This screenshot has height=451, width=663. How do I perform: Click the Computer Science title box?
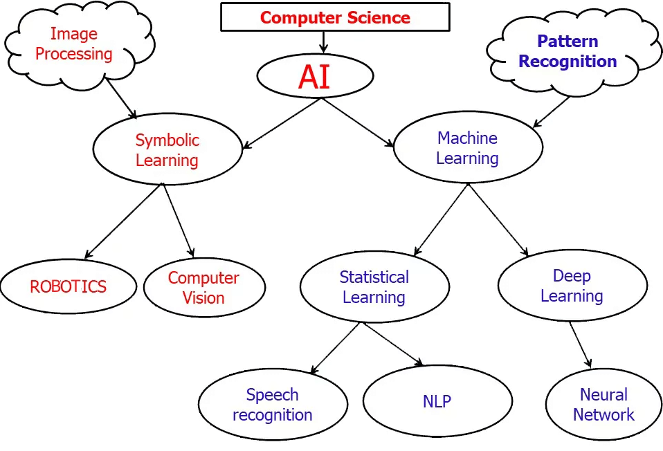[335, 17]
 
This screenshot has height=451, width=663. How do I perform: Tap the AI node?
[315, 76]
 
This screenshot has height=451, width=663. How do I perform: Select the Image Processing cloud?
[74, 44]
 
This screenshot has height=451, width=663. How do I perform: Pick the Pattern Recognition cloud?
[567, 51]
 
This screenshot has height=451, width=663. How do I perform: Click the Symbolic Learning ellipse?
[167, 150]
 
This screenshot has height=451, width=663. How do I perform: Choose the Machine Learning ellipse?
[468, 148]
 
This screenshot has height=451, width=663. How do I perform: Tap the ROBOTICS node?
[68, 286]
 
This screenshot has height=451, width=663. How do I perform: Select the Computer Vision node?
[204, 288]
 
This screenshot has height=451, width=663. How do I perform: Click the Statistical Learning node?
[374, 287]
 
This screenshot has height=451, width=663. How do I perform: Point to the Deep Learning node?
[572, 286]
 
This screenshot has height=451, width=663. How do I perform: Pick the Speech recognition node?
[273, 405]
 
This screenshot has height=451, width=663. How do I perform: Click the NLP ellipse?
[437, 401]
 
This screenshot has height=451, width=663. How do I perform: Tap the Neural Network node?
[603, 405]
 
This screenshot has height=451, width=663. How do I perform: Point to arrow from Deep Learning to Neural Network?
[580, 344]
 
